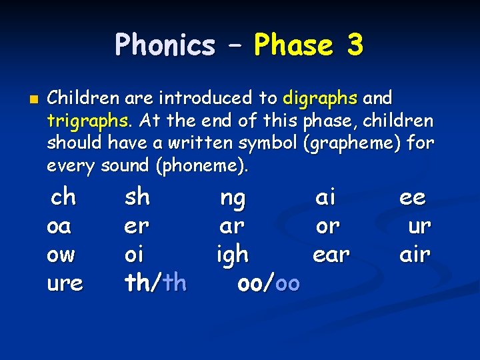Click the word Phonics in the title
pyautogui.click(x=165, y=45)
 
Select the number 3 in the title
pyautogui.click(x=355, y=45)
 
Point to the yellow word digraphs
pyautogui.click(x=321, y=99)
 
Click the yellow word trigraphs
pyautogui.click(x=88, y=121)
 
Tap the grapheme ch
pyautogui.click(x=63, y=197)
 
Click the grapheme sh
pyautogui.click(x=137, y=197)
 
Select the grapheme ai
pyautogui.click(x=325, y=197)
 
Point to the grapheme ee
pyautogui.click(x=413, y=197)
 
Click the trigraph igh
pyautogui.click(x=233, y=255)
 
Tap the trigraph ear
pyautogui.click(x=331, y=254)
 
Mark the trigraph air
pyautogui.click(x=415, y=254)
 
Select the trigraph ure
pyautogui.click(x=65, y=283)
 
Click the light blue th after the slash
pyautogui.click(x=174, y=283)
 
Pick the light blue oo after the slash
pyautogui.click(x=287, y=283)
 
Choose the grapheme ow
pyautogui.click(x=61, y=254)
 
